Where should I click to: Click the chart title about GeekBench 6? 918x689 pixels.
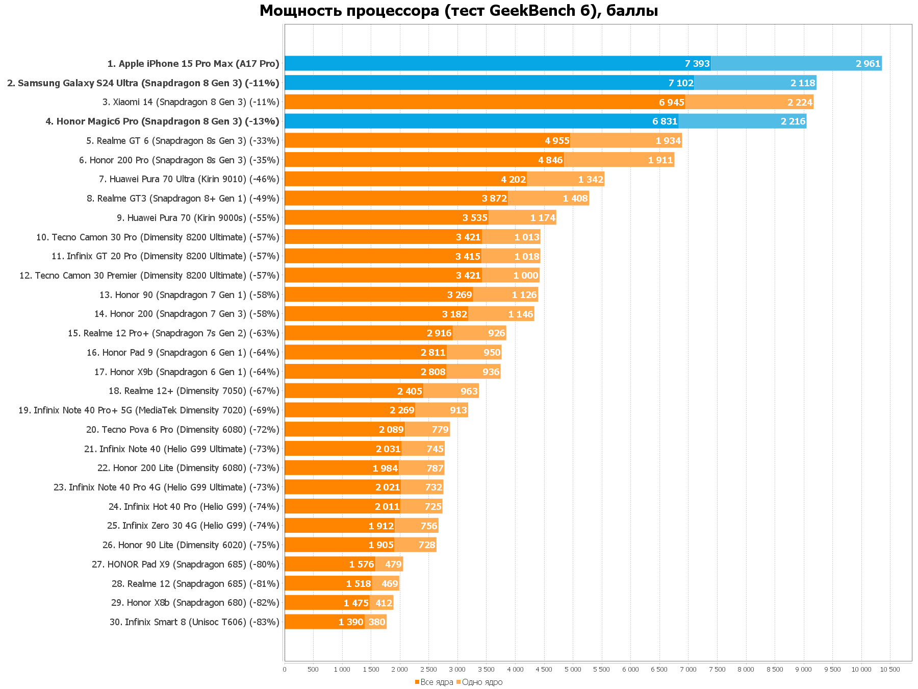point(458,10)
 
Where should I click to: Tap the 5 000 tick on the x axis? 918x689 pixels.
point(573,670)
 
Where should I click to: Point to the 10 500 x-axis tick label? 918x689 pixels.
point(890,670)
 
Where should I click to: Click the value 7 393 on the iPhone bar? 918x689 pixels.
point(697,64)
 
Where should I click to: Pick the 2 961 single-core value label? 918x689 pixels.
point(868,64)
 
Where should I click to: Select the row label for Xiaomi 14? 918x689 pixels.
point(191,102)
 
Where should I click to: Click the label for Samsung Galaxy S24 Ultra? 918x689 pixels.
point(143,83)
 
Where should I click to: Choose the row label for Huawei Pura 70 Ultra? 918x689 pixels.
point(189,179)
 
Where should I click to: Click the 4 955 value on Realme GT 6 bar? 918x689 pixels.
point(557,141)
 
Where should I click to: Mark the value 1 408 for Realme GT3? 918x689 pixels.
point(575,199)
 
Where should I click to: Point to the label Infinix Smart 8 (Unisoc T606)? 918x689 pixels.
point(194,622)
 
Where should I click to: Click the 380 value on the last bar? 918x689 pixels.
point(377,622)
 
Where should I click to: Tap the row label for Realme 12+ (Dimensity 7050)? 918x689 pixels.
point(194,391)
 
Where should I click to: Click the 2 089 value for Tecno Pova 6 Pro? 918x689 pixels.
point(391,430)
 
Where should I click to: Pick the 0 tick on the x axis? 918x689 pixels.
point(285,670)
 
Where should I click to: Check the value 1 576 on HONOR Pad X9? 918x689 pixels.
point(362,564)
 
